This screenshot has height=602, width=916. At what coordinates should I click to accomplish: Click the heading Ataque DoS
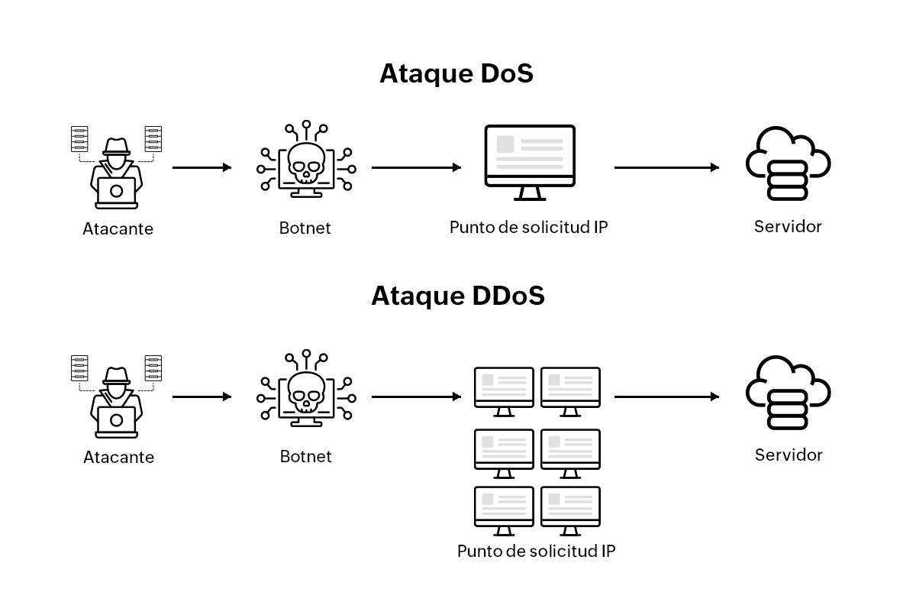[456, 74]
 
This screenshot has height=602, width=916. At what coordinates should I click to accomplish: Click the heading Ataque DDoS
[458, 296]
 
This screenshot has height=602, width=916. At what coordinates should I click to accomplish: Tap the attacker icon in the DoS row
[117, 168]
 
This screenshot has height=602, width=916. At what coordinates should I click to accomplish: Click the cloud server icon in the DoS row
[787, 165]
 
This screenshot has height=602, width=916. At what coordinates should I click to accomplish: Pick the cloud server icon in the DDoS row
[787, 393]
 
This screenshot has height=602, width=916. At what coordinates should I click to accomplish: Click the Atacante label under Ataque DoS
[118, 228]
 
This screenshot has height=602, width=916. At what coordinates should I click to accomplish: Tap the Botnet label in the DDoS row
[306, 457]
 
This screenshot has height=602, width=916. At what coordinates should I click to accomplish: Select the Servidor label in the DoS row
[788, 227]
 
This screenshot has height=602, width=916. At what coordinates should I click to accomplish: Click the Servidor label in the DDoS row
[789, 455]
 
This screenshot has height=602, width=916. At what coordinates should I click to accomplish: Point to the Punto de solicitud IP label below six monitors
[537, 551]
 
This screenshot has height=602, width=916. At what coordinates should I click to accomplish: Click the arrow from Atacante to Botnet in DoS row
[202, 167]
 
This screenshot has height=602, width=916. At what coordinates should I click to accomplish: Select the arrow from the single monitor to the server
[666, 167]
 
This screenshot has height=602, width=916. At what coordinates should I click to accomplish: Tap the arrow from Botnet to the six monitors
[416, 396]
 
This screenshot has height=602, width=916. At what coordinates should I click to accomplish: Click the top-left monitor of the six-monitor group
[504, 390]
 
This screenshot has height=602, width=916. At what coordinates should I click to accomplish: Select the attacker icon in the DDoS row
[117, 396]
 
